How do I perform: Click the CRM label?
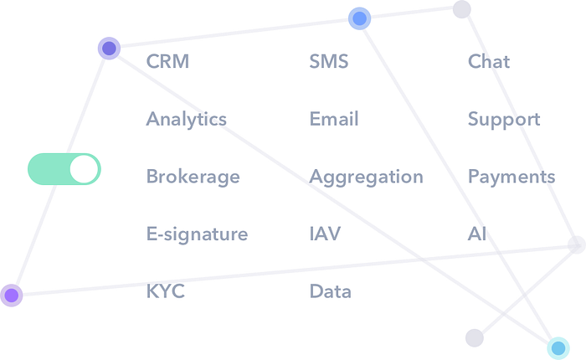click(x=167, y=61)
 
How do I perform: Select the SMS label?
click(x=328, y=61)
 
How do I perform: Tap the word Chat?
click(x=489, y=61)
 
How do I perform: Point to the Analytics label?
click(x=187, y=119)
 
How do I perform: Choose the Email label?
click(x=334, y=119)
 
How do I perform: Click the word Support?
click(x=504, y=119)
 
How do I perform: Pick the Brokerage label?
click(x=193, y=177)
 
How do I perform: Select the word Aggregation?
click(x=366, y=177)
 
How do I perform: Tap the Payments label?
click(x=511, y=177)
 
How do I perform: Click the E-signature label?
click(x=198, y=234)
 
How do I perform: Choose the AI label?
click(x=475, y=234)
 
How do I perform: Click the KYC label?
click(x=165, y=292)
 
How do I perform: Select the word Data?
click(x=330, y=292)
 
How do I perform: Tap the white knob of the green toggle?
click(x=84, y=169)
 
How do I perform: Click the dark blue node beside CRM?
click(x=109, y=49)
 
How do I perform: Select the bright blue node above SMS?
click(x=359, y=18)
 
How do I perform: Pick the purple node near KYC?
click(x=11, y=295)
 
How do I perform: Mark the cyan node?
click(x=558, y=347)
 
